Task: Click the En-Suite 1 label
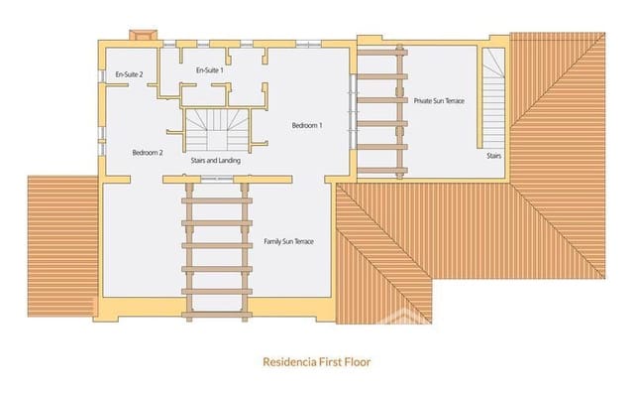click(x=209, y=70)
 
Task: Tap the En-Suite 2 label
click(x=129, y=74)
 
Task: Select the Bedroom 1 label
click(x=307, y=125)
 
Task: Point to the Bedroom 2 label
click(x=148, y=153)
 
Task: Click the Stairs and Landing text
click(x=216, y=161)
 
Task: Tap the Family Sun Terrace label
click(x=288, y=241)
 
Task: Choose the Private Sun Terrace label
click(x=439, y=101)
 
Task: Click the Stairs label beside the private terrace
click(x=493, y=156)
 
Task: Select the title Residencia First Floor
click(x=317, y=361)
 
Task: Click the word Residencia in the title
click(x=289, y=361)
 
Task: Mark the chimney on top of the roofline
click(x=143, y=35)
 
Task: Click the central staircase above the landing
click(x=217, y=130)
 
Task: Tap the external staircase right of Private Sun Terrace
click(x=493, y=98)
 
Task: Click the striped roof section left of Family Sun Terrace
click(x=62, y=246)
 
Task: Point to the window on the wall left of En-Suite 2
click(x=102, y=75)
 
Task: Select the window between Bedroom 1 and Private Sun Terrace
click(x=353, y=111)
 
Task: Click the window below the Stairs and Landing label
click(x=217, y=179)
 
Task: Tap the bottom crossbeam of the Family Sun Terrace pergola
click(x=217, y=315)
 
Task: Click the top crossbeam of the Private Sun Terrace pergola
click(x=382, y=53)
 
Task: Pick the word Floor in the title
click(x=358, y=361)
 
